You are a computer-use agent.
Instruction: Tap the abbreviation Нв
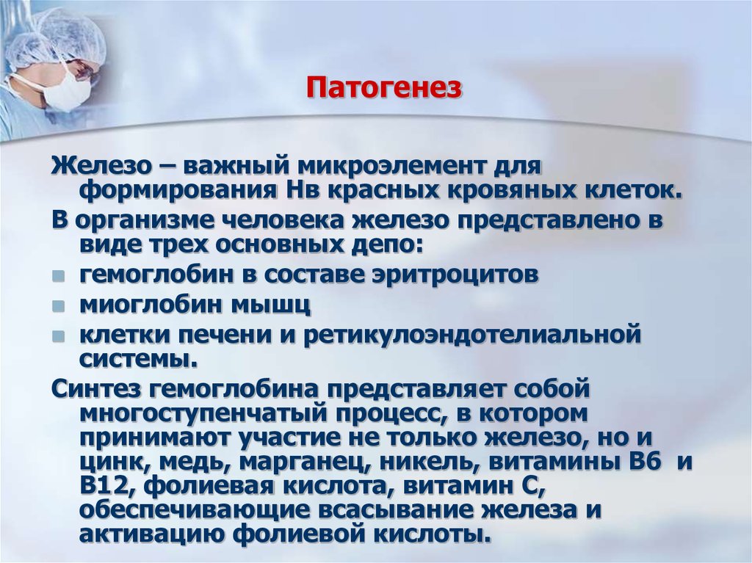click(299, 191)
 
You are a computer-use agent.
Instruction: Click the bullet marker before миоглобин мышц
click(59, 305)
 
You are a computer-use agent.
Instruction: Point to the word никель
click(397, 464)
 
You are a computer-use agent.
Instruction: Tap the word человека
click(289, 219)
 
